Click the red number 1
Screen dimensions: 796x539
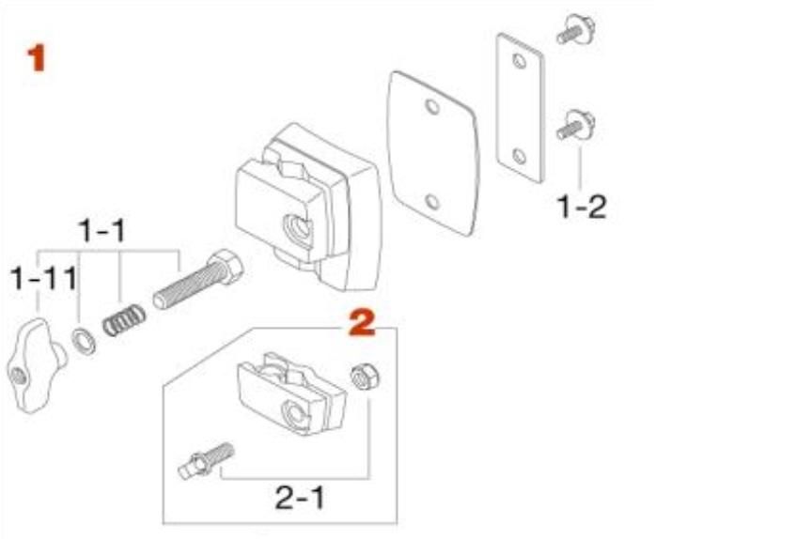(x=37, y=58)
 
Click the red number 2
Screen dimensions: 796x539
(x=362, y=323)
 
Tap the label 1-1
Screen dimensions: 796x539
(x=102, y=231)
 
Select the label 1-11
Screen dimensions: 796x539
(x=43, y=278)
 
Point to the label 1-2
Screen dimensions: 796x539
(x=582, y=207)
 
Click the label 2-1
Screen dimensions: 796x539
(x=300, y=498)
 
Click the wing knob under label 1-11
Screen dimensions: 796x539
(x=36, y=365)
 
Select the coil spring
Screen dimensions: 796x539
(x=124, y=320)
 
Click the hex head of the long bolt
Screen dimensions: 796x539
(x=226, y=266)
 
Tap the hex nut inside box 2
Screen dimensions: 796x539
(x=365, y=377)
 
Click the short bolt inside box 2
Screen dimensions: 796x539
(x=207, y=460)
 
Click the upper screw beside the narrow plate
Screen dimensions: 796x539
(x=576, y=30)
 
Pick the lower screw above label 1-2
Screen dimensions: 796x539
(x=576, y=125)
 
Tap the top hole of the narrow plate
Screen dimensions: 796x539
(x=519, y=61)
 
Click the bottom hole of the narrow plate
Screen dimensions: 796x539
(x=519, y=156)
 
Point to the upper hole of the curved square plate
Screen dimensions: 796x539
(x=432, y=107)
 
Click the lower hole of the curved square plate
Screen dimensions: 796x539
(x=432, y=202)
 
